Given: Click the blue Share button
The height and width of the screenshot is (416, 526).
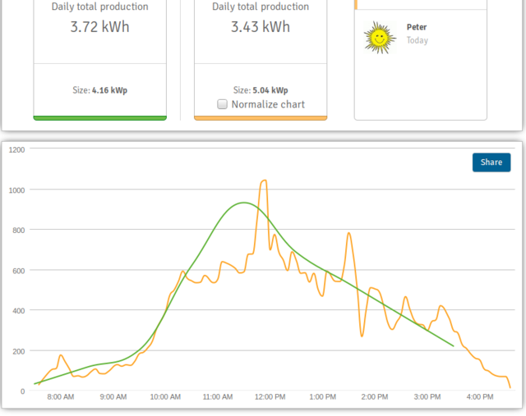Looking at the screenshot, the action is [x=491, y=162].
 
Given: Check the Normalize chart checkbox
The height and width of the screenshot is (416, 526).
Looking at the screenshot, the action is [x=222, y=104].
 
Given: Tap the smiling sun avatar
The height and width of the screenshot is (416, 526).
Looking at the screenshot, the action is [x=380, y=38].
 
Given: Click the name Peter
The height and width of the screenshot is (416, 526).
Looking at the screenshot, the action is [x=417, y=27].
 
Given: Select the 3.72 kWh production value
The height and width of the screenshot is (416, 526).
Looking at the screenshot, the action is [x=99, y=27].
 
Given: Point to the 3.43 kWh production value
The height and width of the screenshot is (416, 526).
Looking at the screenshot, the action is [x=261, y=27].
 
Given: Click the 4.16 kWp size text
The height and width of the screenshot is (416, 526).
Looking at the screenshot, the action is [x=109, y=90].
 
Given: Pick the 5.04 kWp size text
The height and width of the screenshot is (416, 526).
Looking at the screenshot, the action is [x=270, y=90].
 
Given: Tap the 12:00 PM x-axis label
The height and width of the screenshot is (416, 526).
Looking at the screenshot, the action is [x=270, y=397].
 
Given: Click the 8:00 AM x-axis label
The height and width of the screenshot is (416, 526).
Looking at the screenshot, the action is [x=60, y=397].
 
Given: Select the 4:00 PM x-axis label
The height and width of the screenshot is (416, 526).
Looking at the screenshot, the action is [x=480, y=397].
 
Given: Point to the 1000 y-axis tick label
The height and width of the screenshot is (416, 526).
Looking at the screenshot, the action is [x=16, y=190].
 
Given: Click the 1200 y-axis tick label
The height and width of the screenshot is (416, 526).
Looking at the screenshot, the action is [x=16, y=149].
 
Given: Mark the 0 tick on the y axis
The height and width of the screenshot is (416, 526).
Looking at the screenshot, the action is [x=22, y=391].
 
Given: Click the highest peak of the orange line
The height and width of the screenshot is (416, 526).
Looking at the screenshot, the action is [x=265, y=181].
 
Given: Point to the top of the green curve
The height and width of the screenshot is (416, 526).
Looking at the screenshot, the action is [x=244, y=203].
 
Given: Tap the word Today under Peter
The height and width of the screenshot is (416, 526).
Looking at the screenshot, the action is [x=418, y=40].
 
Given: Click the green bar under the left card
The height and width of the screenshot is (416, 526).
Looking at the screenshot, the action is [x=100, y=118].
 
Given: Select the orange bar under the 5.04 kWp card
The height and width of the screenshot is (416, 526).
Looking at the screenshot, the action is [x=261, y=118].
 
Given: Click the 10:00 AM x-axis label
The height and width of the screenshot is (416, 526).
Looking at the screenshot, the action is [x=165, y=397].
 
